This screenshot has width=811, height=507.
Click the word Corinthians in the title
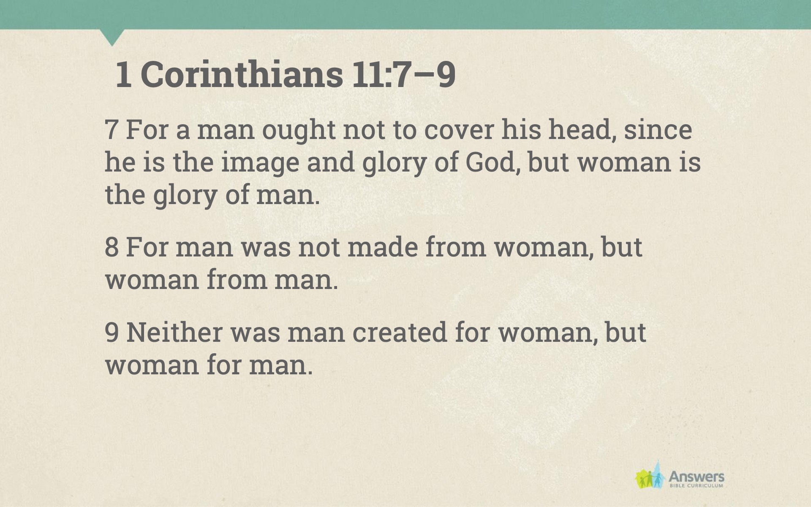[x=242, y=74]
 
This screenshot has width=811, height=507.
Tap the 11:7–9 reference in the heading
[x=403, y=74]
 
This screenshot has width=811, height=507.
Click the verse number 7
[x=111, y=130]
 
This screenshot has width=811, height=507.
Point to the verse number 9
[x=111, y=332]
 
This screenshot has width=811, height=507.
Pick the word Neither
[x=174, y=332]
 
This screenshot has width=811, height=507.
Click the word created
[x=400, y=332]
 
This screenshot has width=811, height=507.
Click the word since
[x=658, y=130]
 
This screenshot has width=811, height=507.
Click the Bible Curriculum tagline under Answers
[x=697, y=486]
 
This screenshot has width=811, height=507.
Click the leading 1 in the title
[x=123, y=75]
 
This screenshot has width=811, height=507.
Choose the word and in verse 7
[x=331, y=163]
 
